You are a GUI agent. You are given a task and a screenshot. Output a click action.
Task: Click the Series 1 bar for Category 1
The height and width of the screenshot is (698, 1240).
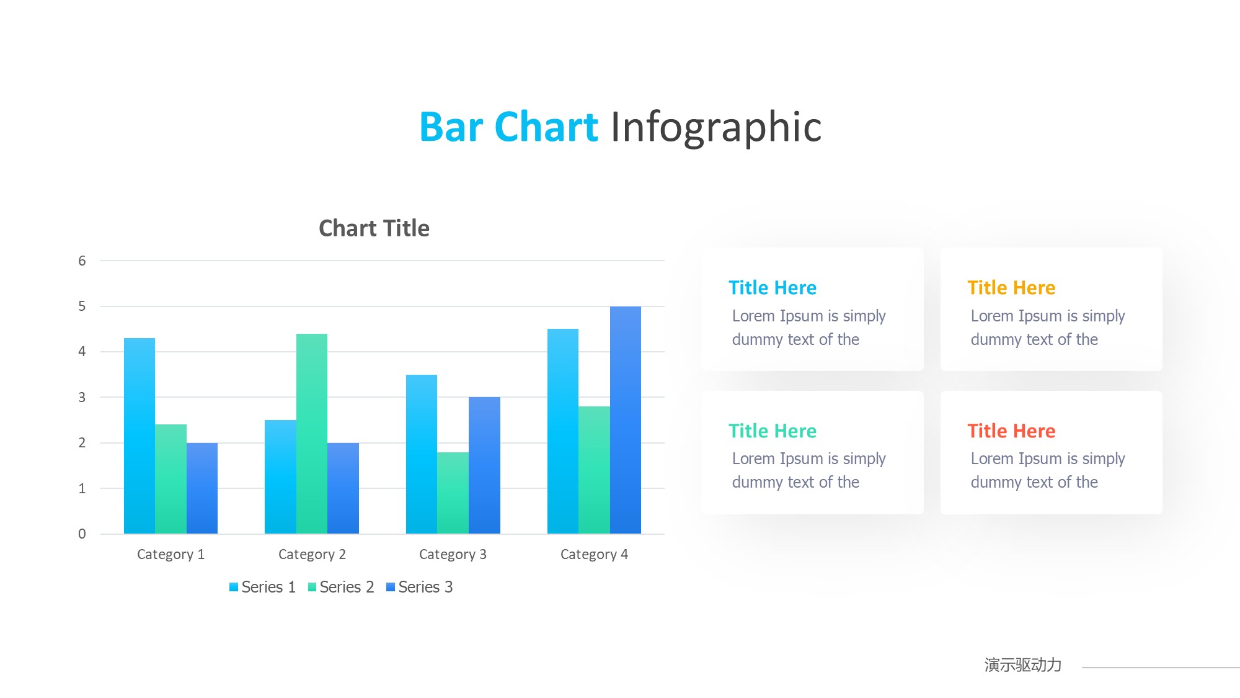(139, 436)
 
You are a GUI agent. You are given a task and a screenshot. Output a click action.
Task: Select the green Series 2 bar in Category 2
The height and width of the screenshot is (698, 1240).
(312, 434)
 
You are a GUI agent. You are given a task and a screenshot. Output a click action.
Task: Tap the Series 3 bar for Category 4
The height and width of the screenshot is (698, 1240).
(626, 420)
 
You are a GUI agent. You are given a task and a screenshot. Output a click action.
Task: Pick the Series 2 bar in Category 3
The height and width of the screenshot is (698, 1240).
(453, 493)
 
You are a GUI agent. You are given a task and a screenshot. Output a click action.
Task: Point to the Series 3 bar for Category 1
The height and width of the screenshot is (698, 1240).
(202, 488)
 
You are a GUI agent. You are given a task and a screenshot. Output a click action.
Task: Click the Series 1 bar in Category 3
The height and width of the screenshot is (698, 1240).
(422, 454)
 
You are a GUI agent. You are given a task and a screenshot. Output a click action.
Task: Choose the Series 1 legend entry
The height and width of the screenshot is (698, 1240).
(262, 587)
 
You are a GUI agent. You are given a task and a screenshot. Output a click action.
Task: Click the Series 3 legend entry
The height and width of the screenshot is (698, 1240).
(419, 587)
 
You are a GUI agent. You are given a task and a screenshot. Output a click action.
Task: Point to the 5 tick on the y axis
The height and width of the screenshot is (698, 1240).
(82, 306)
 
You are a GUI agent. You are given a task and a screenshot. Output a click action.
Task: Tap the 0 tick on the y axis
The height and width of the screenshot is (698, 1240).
(82, 534)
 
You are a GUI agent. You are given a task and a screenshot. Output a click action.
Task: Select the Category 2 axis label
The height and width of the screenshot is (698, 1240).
(312, 554)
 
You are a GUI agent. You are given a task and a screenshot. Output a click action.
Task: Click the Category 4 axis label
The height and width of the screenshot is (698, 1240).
(594, 554)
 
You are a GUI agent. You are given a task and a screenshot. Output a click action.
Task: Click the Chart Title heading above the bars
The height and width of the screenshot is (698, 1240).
(374, 228)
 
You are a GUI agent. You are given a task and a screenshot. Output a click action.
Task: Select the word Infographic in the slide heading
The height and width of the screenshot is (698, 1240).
(716, 128)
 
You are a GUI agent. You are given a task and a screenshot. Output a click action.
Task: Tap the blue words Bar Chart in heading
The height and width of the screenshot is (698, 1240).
(509, 127)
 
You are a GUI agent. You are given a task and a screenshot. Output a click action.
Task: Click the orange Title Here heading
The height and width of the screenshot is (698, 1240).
(1011, 288)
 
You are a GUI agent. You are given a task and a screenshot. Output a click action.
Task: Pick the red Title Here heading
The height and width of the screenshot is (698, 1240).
(1011, 431)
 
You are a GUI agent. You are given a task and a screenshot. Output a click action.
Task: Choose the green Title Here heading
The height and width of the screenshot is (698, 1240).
(773, 431)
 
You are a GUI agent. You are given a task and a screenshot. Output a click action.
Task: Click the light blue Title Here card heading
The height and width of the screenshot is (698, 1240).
(773, 288)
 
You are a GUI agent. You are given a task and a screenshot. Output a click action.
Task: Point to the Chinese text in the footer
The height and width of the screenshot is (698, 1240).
(1023, 665)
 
